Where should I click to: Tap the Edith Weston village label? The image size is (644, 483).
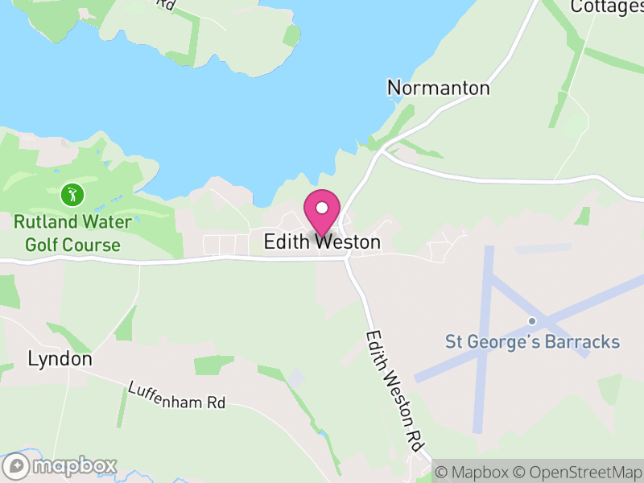[322, 242]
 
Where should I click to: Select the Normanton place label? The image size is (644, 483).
[438, 88]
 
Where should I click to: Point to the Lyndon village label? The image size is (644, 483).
[60, 359]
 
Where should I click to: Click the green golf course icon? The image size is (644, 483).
[72, 194]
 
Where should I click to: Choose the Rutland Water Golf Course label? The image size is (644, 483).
[72, 232]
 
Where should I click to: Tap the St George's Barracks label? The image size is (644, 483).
[533, 341]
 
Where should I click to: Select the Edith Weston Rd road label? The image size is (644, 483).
[394, 391]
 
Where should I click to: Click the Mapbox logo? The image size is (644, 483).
[61, 466]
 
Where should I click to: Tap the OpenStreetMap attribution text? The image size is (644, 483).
[577, 472]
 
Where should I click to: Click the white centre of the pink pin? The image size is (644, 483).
[322, 208]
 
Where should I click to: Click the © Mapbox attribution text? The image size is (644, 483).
[473, 472]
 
